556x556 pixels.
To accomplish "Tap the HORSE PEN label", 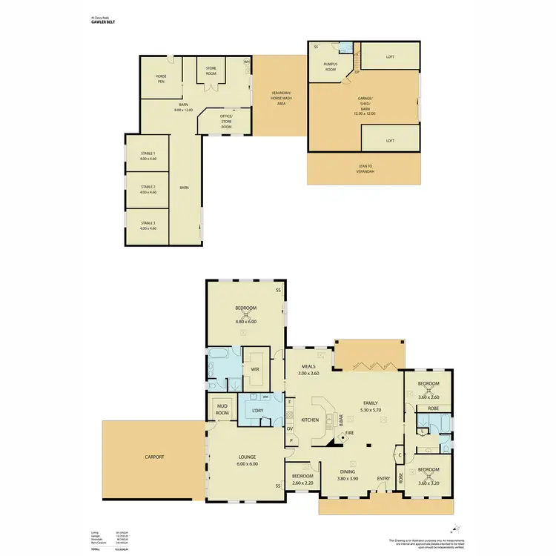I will coord(161,76).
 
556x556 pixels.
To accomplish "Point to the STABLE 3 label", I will coord(148,222).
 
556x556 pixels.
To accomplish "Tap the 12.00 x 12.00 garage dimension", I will coord(364,113).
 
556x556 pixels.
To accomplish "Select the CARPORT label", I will coord(154,457).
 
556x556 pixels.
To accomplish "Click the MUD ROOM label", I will coord(222,408).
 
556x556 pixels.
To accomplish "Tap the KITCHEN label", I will coord(310,420).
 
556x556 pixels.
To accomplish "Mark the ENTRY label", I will coord(383,478).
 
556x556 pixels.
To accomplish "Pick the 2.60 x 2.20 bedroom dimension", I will coord(302,482).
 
